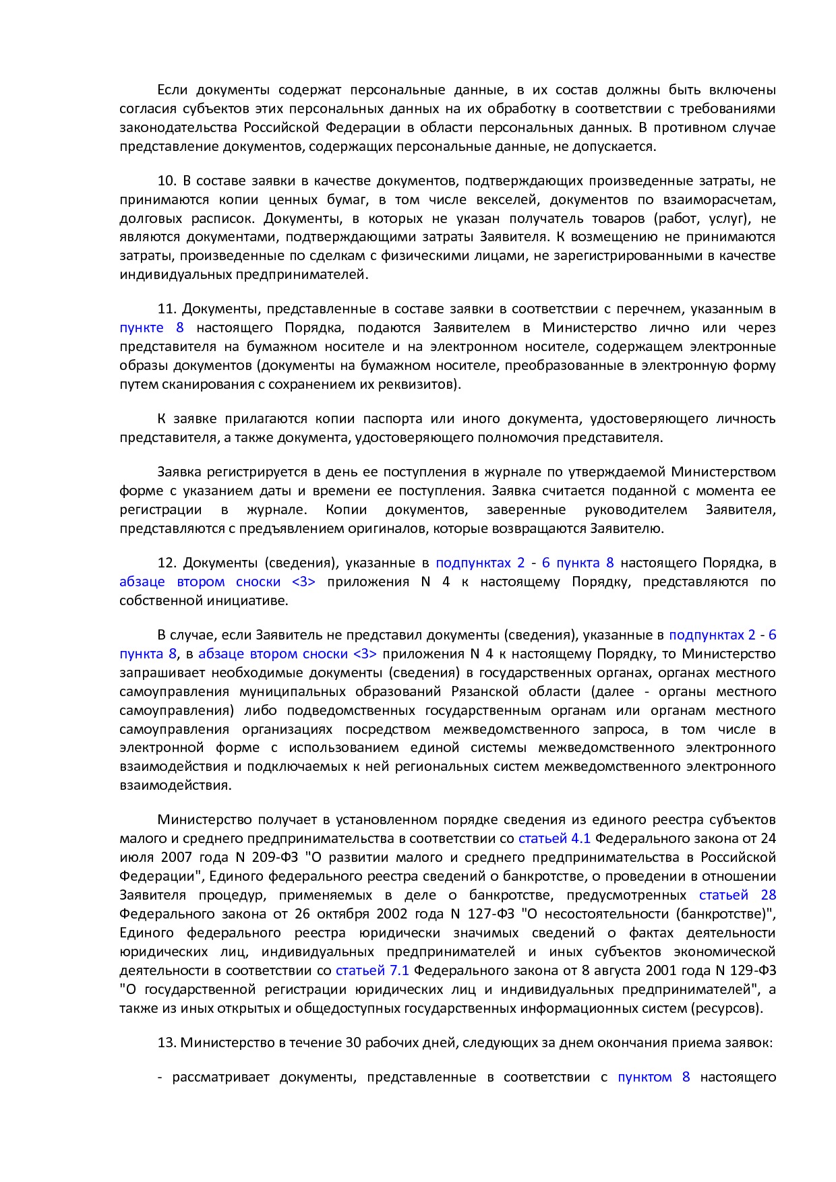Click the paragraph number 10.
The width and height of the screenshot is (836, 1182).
[x=167, y=181]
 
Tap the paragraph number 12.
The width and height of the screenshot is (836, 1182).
[x=167, y=563]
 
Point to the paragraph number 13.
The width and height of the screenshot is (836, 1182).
[x=167, y=1043]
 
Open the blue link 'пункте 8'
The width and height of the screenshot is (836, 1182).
[x=152, y=328]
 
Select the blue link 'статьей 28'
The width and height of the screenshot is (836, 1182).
[x=738, y=895]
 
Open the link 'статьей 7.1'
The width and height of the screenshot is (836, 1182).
[x=372, y=970]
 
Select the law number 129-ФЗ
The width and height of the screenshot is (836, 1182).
[x=753, y=970]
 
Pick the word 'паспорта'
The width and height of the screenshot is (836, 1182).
[x=393, y=418]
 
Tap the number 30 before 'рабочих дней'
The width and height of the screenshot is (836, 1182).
[x=353, y=1043]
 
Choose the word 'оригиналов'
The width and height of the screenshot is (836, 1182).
[x=386, y=528]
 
